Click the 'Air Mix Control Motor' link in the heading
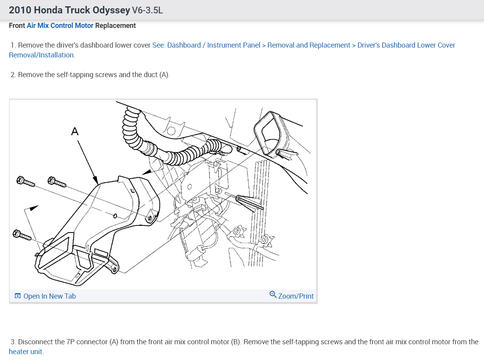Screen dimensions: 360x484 [x=60, y=26]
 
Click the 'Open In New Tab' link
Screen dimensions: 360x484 [x=50, y=296]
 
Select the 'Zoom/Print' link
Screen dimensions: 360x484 [x=296, y=296]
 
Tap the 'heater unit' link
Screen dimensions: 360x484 [x=26, y=351]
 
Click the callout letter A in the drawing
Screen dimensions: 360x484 [x=75, y=131]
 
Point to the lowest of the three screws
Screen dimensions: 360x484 [x=22, y=235]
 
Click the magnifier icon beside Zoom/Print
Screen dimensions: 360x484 [x=273, y=295]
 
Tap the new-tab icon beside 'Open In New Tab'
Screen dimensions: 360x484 [x=17, y=296]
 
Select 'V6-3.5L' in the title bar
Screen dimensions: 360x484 [x=148, y=10]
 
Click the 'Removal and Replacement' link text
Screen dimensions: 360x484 [x=309, y=45]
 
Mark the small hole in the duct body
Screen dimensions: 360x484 [x=115, y=216]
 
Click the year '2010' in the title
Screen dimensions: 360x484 [x=20, y=10]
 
